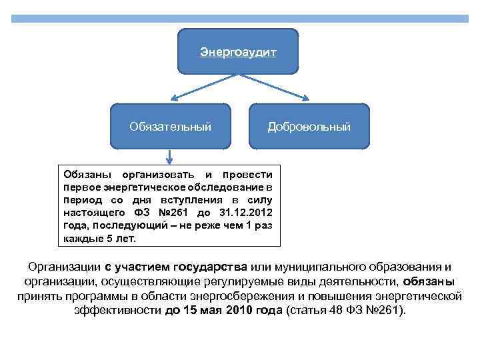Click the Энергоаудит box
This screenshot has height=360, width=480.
point(237,51)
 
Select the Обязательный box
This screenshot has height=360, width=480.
point(170,126)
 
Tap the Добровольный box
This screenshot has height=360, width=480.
point(309,126)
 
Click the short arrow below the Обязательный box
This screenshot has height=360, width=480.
point(170,156)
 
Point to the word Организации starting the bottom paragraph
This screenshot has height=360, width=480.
point(64,267)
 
